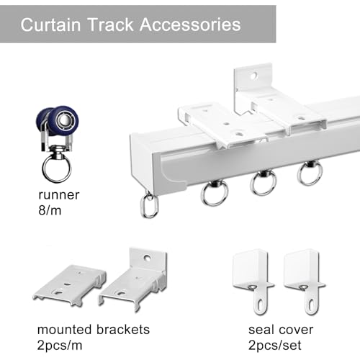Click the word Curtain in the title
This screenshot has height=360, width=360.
50,24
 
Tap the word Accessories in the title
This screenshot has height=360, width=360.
190,24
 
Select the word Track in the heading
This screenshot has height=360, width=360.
110,24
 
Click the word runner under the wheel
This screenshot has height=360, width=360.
59,195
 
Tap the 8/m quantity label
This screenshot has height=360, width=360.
50,210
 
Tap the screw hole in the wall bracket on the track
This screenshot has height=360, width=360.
254,76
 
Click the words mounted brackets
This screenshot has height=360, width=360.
94,330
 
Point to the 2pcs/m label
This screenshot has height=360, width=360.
60,346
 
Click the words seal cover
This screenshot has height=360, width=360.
281,330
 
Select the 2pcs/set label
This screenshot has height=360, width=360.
275,346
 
